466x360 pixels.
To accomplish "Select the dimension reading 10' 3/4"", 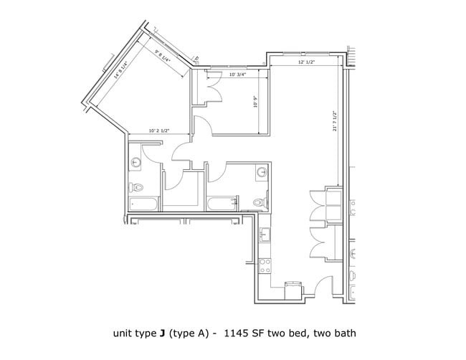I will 237,75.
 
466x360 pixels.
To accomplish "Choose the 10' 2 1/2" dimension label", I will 158,131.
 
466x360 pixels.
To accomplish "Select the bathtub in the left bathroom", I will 144,204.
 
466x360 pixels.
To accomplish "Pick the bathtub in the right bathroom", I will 222,204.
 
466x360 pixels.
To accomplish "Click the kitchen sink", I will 265,235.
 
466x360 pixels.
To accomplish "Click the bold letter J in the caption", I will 163,333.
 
